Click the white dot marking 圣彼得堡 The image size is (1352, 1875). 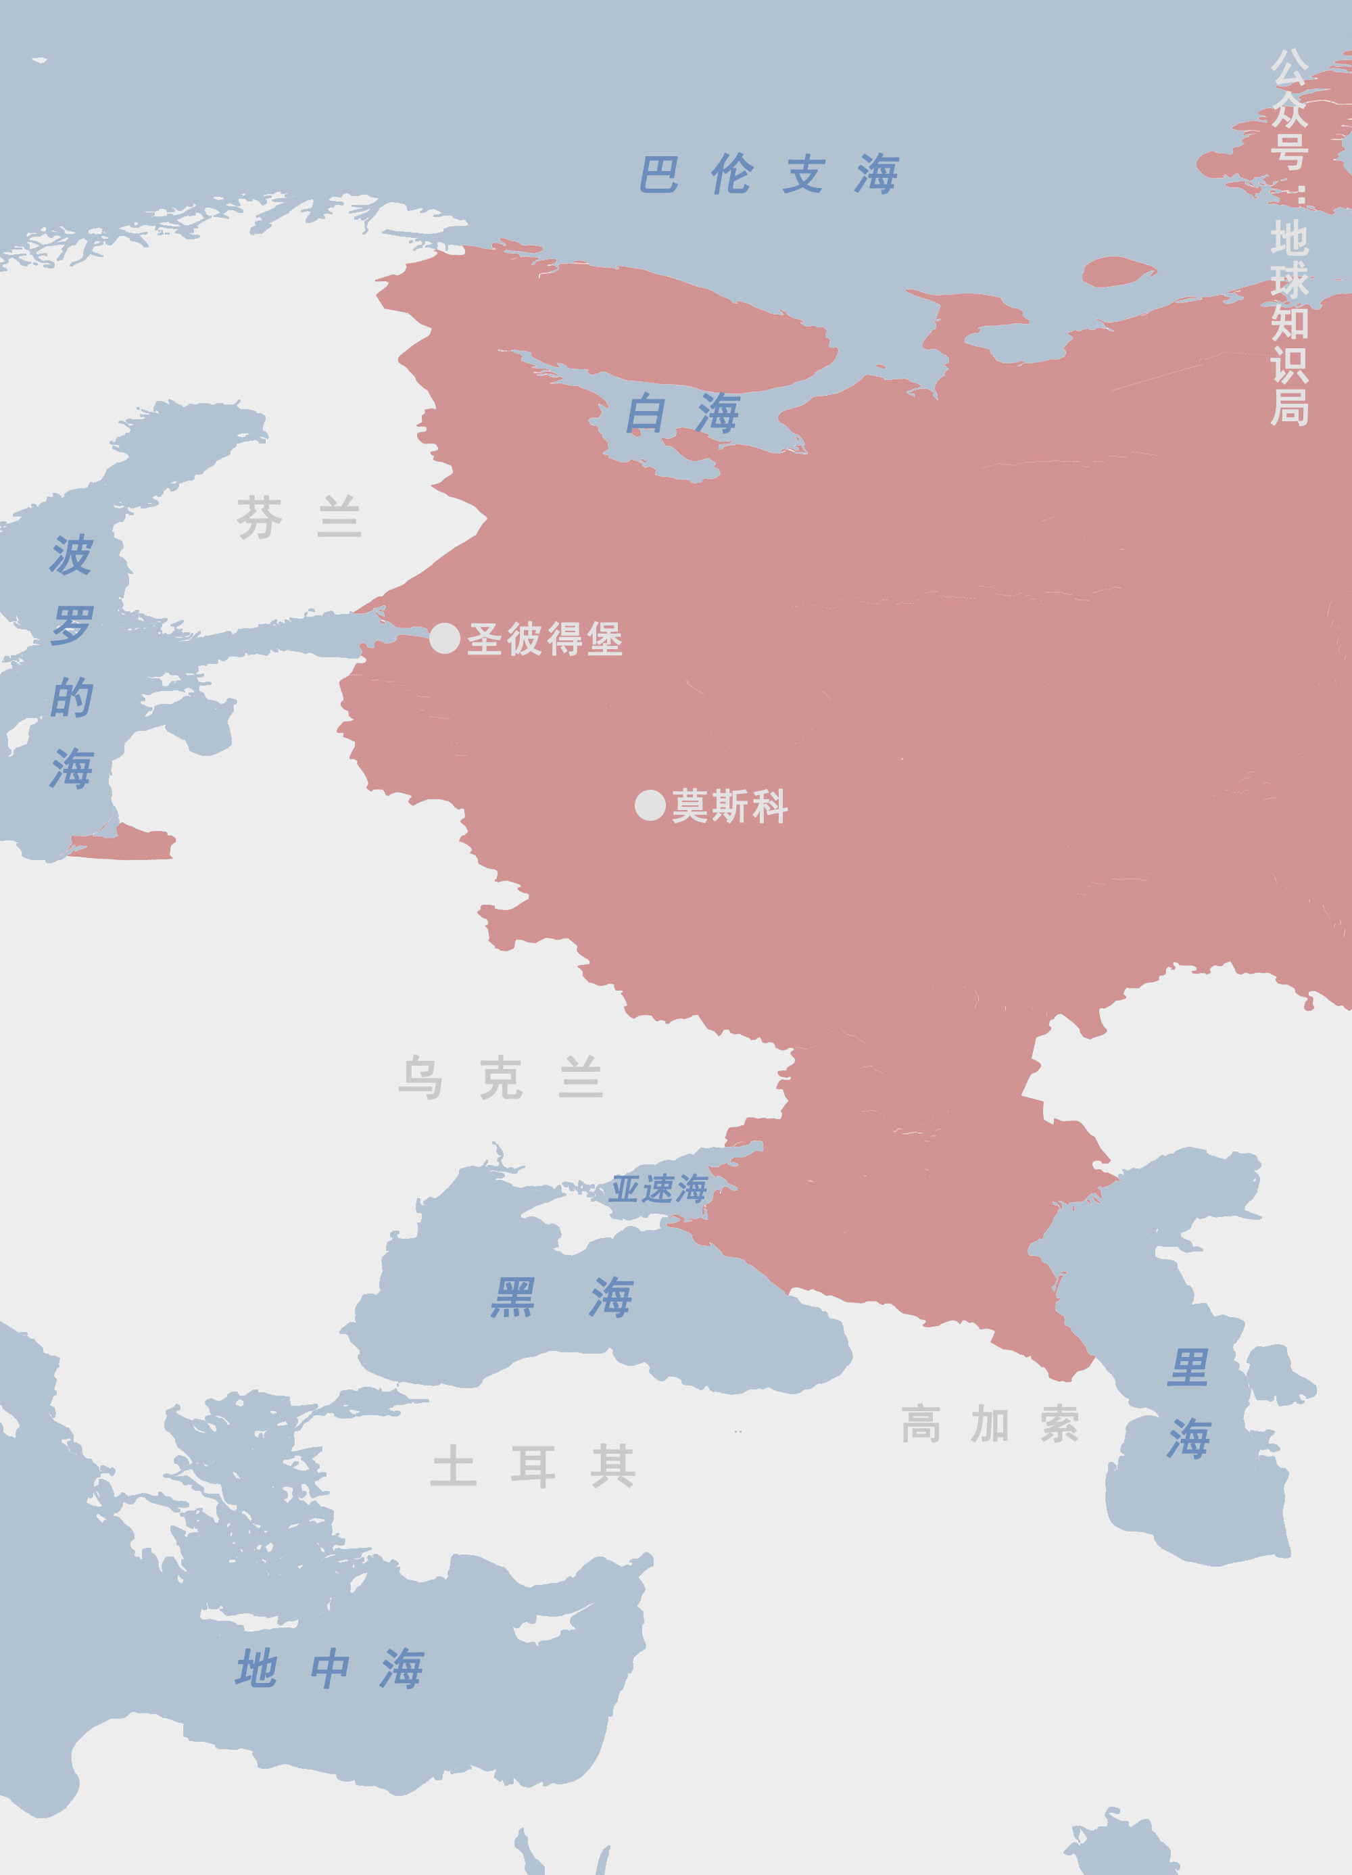pos(445,638)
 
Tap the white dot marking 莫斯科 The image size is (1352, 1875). pos(650,805)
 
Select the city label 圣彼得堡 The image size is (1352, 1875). pos(545,639)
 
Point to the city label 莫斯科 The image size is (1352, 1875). pos(729,806)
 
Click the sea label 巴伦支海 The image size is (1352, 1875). pos(769,174)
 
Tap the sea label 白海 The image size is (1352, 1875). pos(682,413)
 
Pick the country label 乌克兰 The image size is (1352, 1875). pos(501,1078)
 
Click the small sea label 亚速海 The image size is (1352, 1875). pos(658,1189)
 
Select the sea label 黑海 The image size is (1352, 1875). pos(562,1296)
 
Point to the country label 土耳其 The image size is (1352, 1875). pos(533,1467)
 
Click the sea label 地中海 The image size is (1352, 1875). pos(330,1667)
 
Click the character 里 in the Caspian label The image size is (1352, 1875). pos(1188,1369)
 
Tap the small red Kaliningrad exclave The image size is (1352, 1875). pos(124,843)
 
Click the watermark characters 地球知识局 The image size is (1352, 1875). pos(1289,323)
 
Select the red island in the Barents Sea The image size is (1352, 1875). pos(1117,271)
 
